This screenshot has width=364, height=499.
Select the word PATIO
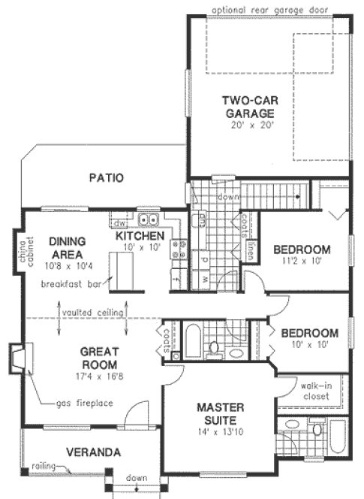[x=107, y=178]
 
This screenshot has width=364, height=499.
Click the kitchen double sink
[x=148, y=219]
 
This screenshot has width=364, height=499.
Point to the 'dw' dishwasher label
[x=119, y=223]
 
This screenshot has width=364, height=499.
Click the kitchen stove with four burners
[x=179, y=249]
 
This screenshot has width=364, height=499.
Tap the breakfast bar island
[x=119, y=270]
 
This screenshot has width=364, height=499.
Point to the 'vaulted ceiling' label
[x=92, y=311]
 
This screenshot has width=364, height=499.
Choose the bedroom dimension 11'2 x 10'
[x=301, y=262]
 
